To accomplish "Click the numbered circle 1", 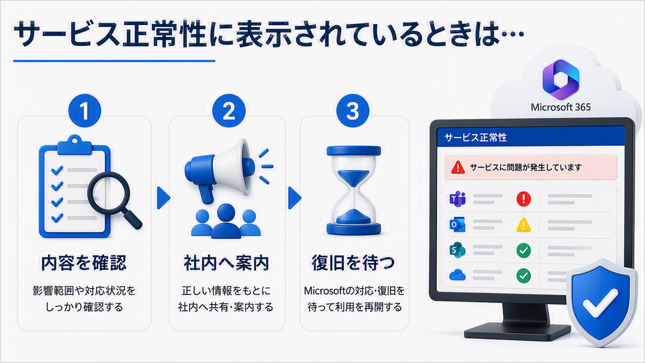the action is (85, 111).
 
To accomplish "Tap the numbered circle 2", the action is (229, 111).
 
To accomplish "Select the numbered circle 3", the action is (353, 111).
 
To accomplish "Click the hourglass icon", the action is (354, 191).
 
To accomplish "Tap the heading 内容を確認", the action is (84, 262).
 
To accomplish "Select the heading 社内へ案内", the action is (226, 262).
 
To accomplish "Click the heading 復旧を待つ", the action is (353, 262).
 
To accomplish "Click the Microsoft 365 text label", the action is (560, 107).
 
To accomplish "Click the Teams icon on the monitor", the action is (457, 199).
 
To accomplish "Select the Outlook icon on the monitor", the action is (457, 225).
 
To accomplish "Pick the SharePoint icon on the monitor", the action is (457, 250).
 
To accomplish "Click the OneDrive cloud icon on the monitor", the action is (457, 276).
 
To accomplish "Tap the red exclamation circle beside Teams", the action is (523, 199).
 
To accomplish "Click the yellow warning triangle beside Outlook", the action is (523, 225).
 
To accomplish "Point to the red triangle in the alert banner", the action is (458, 168).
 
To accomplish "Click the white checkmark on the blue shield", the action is (600, 303).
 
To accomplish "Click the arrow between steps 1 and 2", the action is (164, 198).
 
